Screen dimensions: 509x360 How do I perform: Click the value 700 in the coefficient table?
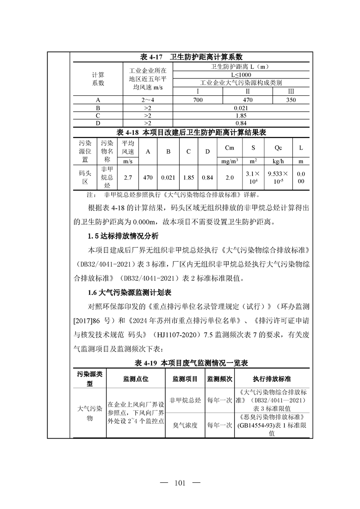coord(197,100)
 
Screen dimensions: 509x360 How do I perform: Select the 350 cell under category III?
coord(291,100)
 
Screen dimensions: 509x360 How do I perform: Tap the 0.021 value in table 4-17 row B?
coord(240,108)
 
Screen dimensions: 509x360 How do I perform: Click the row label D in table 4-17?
coord(98,123)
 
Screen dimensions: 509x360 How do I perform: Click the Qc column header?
coord(278,148)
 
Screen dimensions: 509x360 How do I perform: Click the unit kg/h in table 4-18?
coord(278,161)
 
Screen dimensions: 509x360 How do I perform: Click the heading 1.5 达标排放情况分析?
coord(123,236)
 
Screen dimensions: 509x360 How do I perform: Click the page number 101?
coord(180,483)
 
